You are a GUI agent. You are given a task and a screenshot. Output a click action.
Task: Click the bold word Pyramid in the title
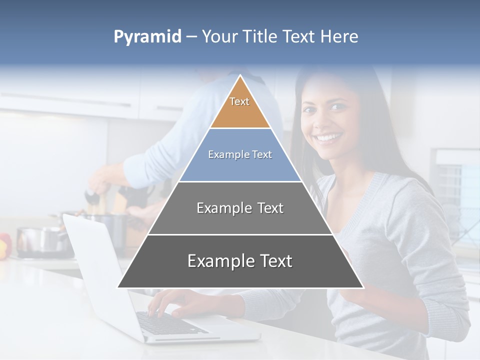(147, 37)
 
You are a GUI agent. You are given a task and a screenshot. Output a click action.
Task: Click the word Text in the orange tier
(239, 101)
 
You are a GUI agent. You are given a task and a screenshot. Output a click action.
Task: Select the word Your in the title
(218, 37)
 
